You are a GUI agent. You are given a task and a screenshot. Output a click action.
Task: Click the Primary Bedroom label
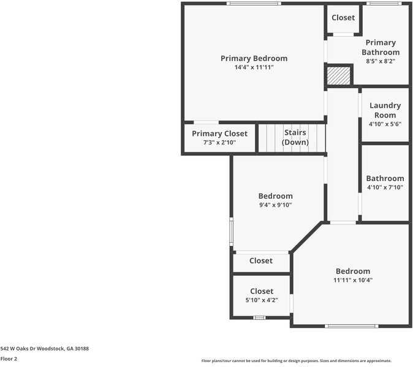click(x=254, y=58)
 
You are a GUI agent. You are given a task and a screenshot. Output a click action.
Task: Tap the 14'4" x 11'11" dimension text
click(x=254, y=67)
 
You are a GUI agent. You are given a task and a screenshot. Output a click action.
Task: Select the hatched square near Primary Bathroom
click(x=338, y=75)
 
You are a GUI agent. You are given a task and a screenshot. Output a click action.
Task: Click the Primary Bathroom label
click(x=381, y=47)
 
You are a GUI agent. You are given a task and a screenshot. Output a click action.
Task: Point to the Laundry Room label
click(x=385, y=110)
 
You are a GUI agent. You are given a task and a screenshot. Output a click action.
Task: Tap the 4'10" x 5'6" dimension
click(x=385, y=124)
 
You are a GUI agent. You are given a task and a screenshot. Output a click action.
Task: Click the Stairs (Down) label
click(x=295, y=137)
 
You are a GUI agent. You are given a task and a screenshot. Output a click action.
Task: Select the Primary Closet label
click(x=219, y=133)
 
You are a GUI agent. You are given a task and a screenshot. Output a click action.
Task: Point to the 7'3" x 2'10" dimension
click(x=219, y=143)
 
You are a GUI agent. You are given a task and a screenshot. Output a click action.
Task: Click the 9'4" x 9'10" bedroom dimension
click(x=275, y=205)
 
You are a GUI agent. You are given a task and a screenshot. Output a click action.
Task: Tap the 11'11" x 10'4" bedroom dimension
click(x=353, y=280)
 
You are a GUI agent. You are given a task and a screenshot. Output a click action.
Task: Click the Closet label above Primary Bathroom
click(x=343, y=18)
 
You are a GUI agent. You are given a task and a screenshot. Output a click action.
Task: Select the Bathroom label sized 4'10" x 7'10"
click(x=385, y=179)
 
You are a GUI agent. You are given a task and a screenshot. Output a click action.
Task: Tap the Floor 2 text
click(x=9, y=359)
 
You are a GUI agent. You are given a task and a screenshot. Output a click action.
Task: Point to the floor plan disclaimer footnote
click(x=296, y=361)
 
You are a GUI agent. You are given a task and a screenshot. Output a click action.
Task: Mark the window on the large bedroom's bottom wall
click(x=351, y=326)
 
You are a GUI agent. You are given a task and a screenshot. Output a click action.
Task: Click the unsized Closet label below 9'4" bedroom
click(x=261, y=261)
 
